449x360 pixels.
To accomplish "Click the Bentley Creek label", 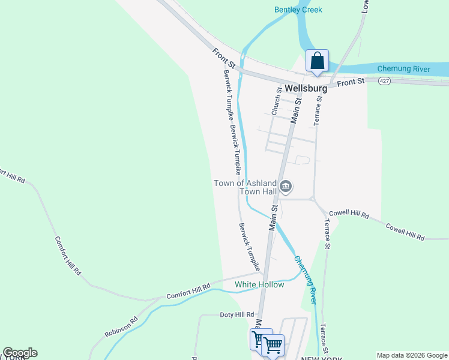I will tap(298, 10).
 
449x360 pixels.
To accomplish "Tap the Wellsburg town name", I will tap(306, 88).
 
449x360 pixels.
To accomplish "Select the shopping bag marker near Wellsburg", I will tap(317, 61).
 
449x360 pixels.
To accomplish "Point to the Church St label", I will tap(276, 101).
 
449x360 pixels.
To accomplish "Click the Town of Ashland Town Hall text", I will tap(246, 187).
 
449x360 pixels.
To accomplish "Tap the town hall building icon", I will tap(286, 188).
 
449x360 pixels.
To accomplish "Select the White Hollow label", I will tap(259, 284).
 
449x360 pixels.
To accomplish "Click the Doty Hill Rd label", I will tap(238, 315).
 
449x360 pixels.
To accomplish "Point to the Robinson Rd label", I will tap(121, 326).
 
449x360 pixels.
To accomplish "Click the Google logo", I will tap(20, 353).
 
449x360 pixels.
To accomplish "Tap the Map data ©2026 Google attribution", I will tap(412, 355).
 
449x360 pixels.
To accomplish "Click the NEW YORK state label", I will tap(322, 358).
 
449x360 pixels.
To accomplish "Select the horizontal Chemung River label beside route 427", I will tap(403, 69).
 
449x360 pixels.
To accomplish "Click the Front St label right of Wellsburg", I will tap(351, 82).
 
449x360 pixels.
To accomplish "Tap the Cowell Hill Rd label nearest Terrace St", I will tap(349, 214).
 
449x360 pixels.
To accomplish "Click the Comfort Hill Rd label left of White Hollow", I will tap(188, 292).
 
